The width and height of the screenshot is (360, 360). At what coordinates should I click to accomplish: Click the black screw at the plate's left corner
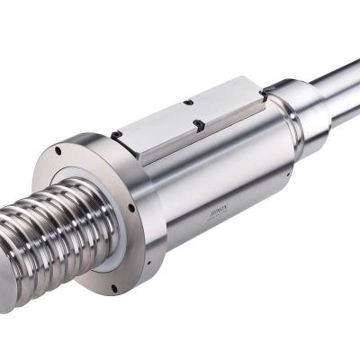point(118,136)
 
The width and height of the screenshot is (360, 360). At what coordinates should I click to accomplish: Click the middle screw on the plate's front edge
point(198,123)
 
